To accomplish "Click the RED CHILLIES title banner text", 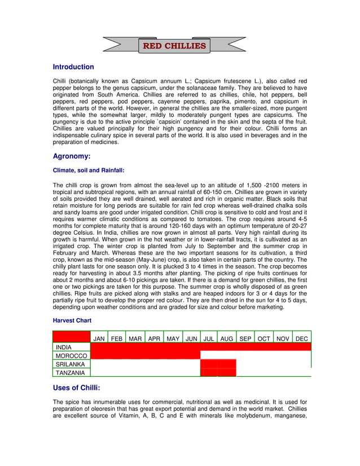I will click(174, 46).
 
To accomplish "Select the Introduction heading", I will click(73, 67).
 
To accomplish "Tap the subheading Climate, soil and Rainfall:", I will click(89, 170).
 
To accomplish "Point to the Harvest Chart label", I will click(72, 320).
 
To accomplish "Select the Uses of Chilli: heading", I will click(76, 388).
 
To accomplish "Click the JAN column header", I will click(99, 338).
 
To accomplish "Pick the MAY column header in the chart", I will click(173, 338).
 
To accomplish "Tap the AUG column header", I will click(227, 338).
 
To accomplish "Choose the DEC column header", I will click(302, 338).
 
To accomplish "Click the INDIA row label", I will click(64, 347).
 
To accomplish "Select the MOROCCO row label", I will click(71, 356).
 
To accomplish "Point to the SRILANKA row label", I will click(71, 364).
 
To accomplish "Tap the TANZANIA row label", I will click(71, 373).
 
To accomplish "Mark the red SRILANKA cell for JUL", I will click(209, 364).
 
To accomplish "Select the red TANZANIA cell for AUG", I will click(227, 372).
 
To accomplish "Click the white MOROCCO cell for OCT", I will click(264, 355).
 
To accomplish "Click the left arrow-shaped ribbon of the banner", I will click(121, 45).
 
